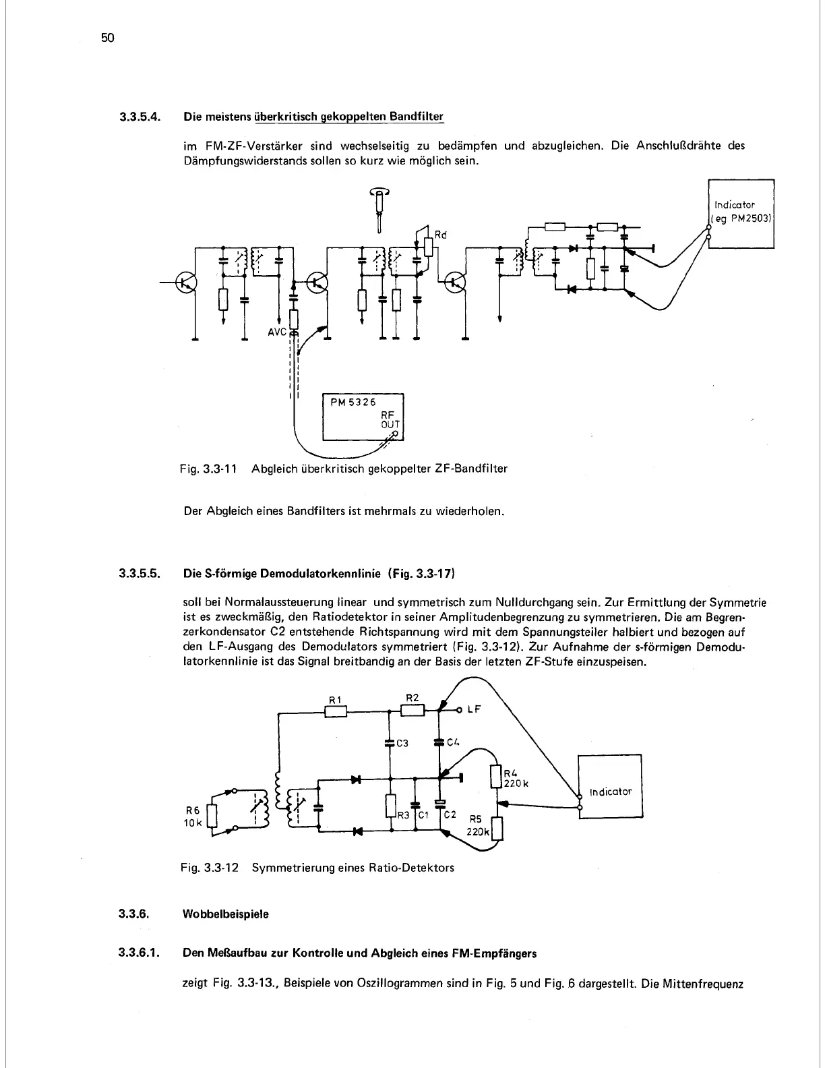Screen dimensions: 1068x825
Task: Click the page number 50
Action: pyautogui.click(x=109, y=38)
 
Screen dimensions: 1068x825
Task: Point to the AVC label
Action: pyautogui.click(x=278, y=332)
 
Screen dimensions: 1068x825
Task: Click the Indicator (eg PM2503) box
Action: pyautogui.click(x=740, y=213)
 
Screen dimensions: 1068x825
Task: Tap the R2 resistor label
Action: pyautogui.click(x=413, y=697)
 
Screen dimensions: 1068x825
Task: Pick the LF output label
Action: pyautogui.click(x=475, y=710)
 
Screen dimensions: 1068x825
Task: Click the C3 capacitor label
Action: pyautogui.click(x=402, y=744)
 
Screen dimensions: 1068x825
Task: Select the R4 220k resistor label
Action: pyautogui.click(x=516, y=778)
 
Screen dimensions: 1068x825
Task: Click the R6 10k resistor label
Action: pyautogui.click(x=193, y=817)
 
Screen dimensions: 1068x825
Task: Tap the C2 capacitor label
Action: pyautogui.click(x=450, y=814)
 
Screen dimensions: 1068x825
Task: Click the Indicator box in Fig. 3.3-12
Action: pyautogui.click(x=611, y=791)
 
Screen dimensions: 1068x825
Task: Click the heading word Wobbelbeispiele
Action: pyautogui.click(x=226, y=914)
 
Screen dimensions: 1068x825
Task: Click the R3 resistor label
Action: pyautogui.click(x=402, y=815)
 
